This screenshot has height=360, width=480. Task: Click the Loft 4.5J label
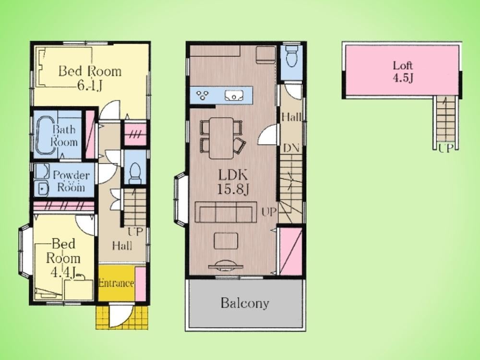[x=403, y=72]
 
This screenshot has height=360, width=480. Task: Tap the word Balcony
[x=245, y=303]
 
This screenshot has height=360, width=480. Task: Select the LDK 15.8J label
[x=233, y=182]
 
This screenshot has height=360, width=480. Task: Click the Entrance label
[x=116, y=283]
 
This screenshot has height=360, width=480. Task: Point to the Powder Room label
[x=71, y=181]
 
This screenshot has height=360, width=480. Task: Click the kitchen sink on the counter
[x=234, y=96]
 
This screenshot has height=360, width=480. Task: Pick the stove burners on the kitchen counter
[x=203, y=95]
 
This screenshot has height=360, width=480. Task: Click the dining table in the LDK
[x=221, y=138]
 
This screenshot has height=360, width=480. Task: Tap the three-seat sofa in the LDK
[x=226, y=212]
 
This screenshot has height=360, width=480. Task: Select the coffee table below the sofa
[x=226, y=241]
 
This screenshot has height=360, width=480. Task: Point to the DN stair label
[x=291, y=148]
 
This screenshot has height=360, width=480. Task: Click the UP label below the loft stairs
[x=445, y=148]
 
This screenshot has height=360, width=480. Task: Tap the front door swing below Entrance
[x=121, y=315]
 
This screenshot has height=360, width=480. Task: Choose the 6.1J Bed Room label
[x=90, y=78]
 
